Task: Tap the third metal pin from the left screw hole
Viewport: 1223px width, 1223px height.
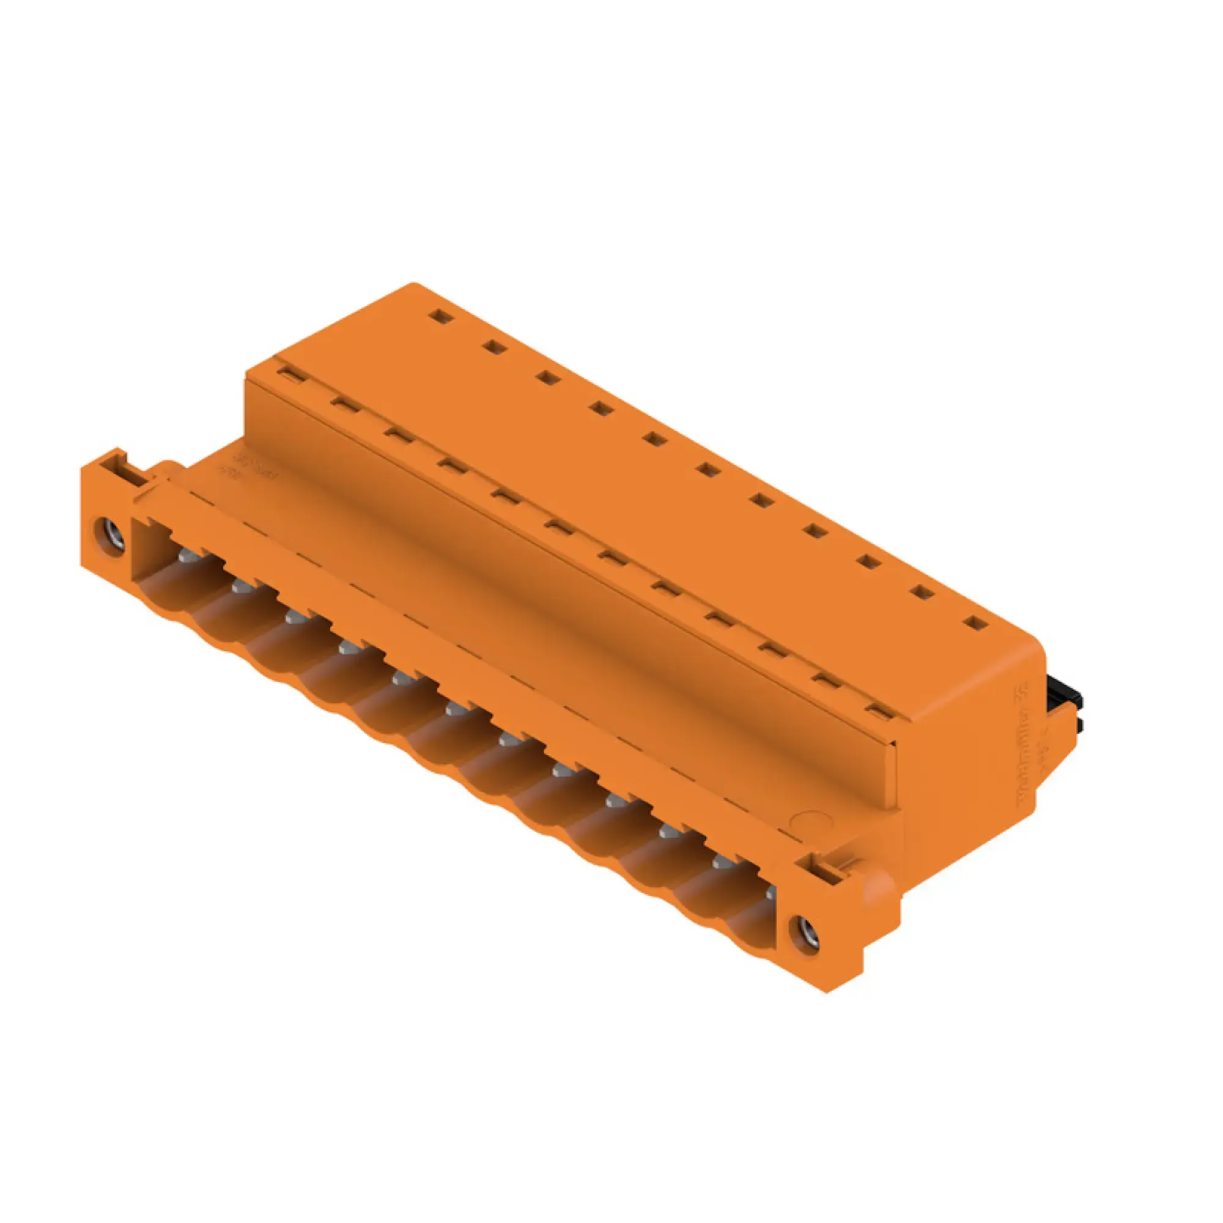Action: pos(293,616)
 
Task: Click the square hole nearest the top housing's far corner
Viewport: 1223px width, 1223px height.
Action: pos(438,316)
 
